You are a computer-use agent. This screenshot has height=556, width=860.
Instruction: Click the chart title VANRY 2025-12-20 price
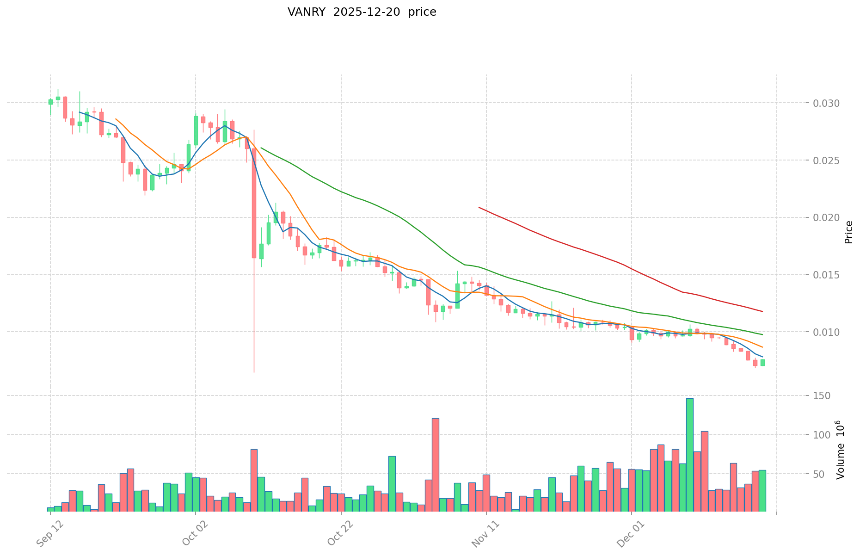362,12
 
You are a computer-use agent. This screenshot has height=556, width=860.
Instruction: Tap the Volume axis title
840,450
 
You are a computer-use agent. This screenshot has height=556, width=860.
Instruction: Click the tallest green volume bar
689,455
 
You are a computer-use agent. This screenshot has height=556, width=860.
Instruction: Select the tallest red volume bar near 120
436,465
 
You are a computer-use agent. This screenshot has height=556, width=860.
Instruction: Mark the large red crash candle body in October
254,203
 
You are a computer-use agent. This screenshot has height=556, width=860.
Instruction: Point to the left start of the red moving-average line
479,207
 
